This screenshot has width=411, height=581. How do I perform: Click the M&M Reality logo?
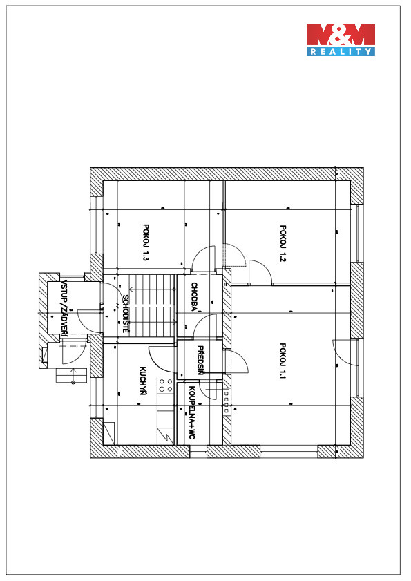(341, 40)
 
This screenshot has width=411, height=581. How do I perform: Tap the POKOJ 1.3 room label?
(146, 242)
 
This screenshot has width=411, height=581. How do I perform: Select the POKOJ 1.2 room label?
(283, 243)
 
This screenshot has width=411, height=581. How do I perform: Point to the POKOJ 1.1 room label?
(283, 361)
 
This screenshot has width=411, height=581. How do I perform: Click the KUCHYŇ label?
(142, 381)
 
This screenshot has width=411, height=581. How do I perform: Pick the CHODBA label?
(194, 296)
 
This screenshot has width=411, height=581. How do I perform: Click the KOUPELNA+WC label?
(191, 412)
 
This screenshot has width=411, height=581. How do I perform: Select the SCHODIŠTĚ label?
(126, 314)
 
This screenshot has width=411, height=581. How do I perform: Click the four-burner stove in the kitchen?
(166, 385)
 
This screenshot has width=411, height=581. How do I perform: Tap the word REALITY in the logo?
(341, 52)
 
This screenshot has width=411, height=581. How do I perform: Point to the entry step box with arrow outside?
(71, 375)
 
